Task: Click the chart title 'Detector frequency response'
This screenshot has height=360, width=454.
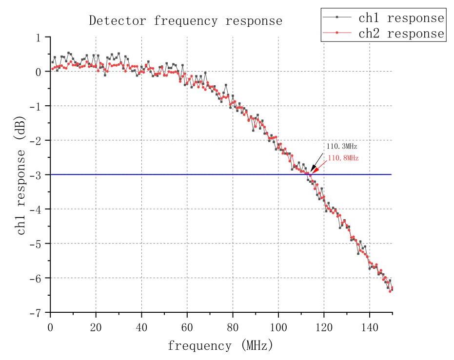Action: pyautogui.click(x=185, y=21)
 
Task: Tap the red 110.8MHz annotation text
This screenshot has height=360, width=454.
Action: pyautogui.click(x=343, y=158)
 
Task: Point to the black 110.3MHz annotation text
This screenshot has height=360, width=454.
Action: pyautogui.click(x=343, y=146)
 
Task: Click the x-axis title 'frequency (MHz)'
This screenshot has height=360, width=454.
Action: pyautogui.click(x=220, y=346)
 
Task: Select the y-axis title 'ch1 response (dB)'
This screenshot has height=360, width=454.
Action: pyautogui.click(x=22, y=174)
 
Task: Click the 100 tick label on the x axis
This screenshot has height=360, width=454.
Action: pyautogui.click(x=278, y=326)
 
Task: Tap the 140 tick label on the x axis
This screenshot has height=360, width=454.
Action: pyautogui.click(x=370, y=326)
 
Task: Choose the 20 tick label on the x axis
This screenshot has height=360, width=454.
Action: pyautogui.click(x=96, y=326)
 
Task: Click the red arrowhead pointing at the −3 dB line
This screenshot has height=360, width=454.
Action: pyautogui.click(x=315, y=170)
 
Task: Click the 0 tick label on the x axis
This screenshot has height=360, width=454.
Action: pyautogui.click(x=51, y=326)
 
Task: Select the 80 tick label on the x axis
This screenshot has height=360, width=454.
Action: pyautogui.click(x=233, y=326)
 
